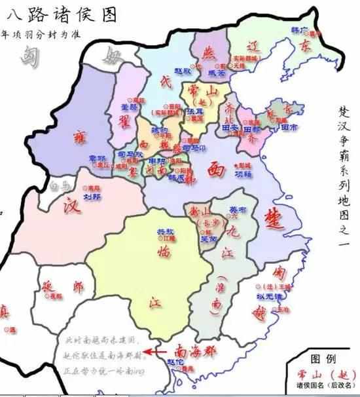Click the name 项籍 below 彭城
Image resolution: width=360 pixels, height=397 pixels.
pyautogui.click(x=243, y=175)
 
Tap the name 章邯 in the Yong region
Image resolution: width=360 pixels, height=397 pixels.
pyautogui.click(x=97, y=158)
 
